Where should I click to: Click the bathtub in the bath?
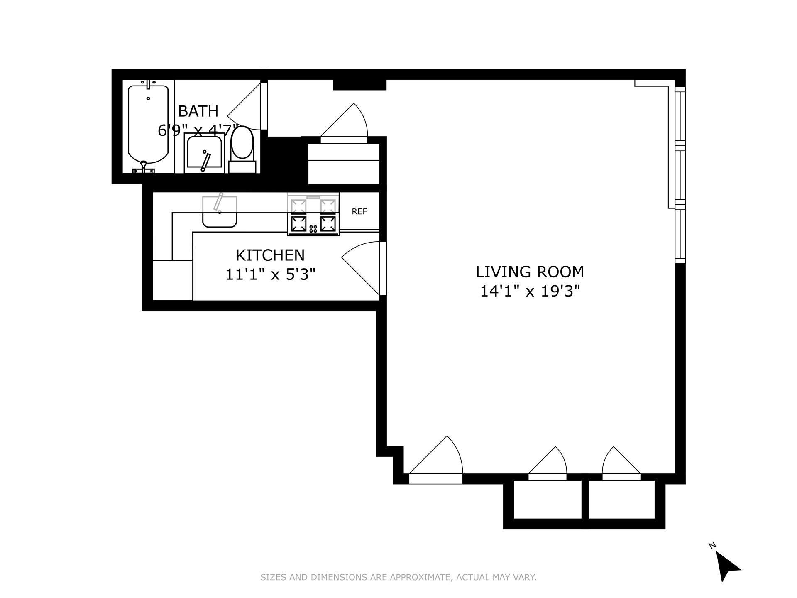(x=148, y=125)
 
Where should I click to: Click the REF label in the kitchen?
(x=359, y=212)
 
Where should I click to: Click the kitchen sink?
(x=219, y=212)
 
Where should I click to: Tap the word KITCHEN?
(x=270, y=255)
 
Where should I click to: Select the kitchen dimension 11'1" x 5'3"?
(x=270, y=274)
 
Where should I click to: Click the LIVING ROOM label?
(x=530, y=272)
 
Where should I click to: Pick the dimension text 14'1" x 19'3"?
(x=530, y=292)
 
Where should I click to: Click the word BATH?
(x=198, y=111)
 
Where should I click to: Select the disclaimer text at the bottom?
(x=398, y=577)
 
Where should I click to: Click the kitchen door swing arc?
(x=360, y=266)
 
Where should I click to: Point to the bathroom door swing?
(x=245, y=110)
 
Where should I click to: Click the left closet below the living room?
(x=548, y=500)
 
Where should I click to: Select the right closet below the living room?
(x=621, y=500)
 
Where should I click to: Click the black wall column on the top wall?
(x=359, y=85)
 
